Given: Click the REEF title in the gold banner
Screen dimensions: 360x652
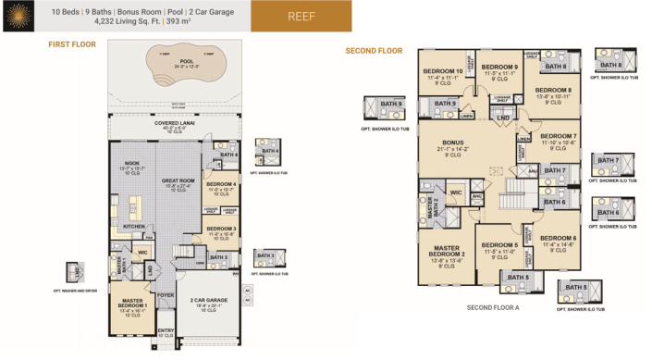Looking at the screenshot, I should pyautogui.click(x=301, y=16).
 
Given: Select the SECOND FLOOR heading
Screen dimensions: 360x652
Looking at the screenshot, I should pyautogui.click(x=373, y=51).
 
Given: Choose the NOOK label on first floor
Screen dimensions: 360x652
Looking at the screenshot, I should pyautogui.click(x=130, y=164).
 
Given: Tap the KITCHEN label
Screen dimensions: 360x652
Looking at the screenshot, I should pyautogui.click(x=133, y=226).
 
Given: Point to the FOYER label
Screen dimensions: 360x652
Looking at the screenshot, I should pyautogui.click(x=166, y=296).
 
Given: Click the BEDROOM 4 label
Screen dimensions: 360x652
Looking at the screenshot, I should pyautogui.click(x=222, y=184).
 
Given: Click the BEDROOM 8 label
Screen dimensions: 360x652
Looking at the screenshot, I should pyautogui.click(x=553, y=90).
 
